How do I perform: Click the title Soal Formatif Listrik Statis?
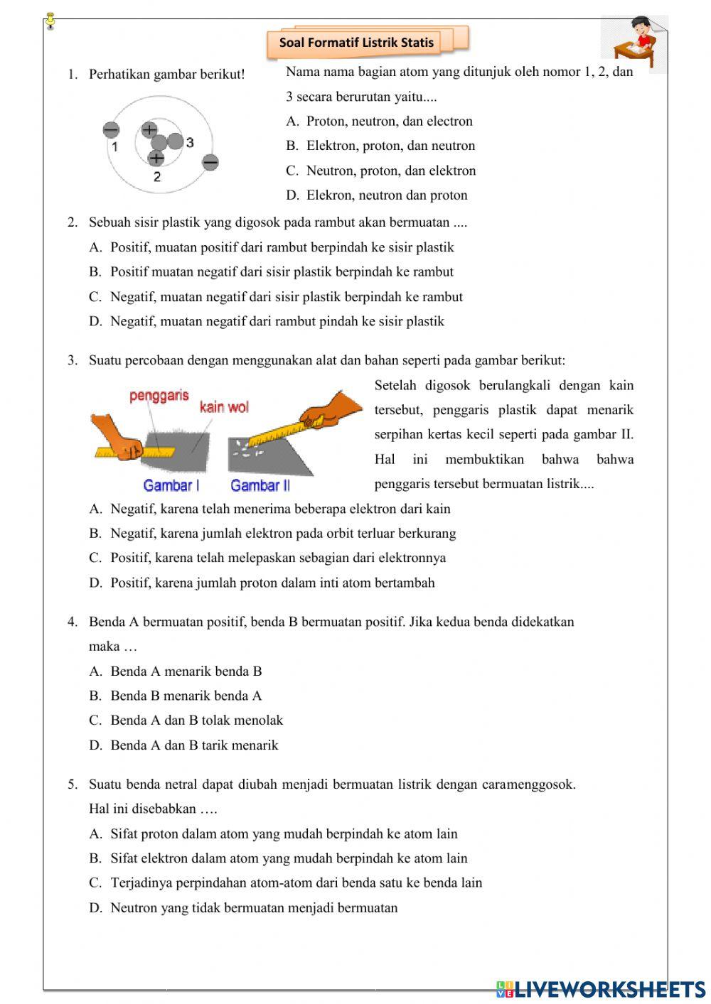(356, 43)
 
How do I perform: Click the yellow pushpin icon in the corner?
(50, 22)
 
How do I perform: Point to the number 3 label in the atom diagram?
(190, 142)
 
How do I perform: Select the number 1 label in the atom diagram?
(114, 147)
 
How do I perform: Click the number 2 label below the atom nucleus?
(157, 176)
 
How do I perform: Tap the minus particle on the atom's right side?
(210, 163)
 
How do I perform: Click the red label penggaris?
(159, 396)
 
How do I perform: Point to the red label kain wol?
(224, 407)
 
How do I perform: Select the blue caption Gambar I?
(171, 485)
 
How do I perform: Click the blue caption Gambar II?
(260, 485)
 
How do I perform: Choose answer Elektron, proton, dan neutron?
(390, 146)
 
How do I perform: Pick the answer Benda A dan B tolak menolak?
(196, 720)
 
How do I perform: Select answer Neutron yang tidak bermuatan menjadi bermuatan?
(254, 907)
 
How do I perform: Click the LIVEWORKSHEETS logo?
(601, 988)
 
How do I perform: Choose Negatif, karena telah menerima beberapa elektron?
(280, 509)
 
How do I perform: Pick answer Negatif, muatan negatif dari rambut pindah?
(277, 321)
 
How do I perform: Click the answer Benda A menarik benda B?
(186, 671)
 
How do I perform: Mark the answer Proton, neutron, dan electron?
(389, 121)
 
